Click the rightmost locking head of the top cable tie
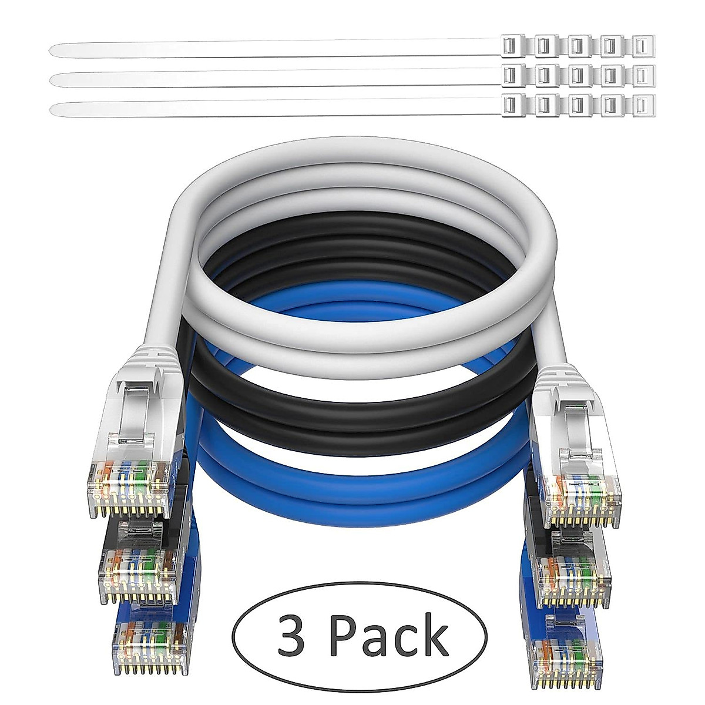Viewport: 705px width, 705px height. (x=643, y=44)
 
